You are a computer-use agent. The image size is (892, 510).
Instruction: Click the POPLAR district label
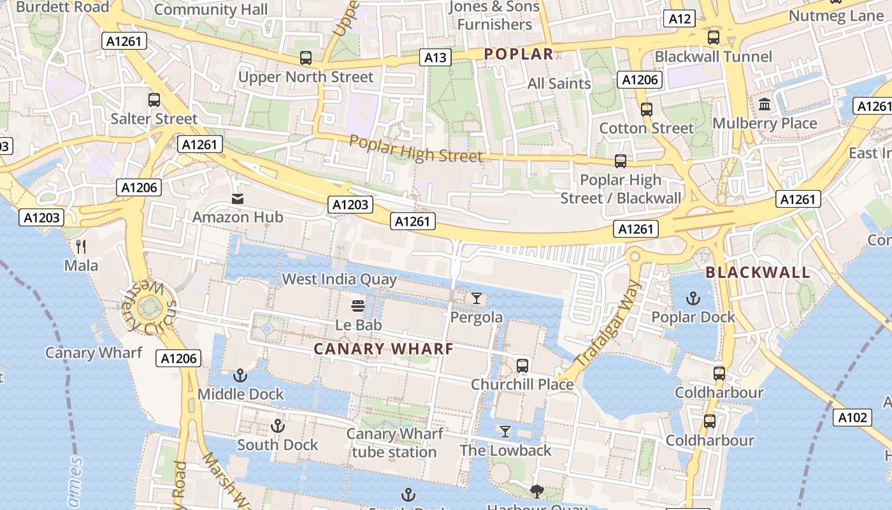tap(518, 54)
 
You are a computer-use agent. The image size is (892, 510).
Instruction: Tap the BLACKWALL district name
tap(758, 273)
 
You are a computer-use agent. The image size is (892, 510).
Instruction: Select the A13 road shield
tap(436, 58)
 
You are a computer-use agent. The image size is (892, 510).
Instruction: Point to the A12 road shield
tap(679, 18)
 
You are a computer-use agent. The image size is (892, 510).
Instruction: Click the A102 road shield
tap(852, 418)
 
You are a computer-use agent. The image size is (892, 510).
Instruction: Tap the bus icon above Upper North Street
tap(306, 58)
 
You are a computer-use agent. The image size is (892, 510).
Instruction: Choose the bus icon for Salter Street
tap(154, 100)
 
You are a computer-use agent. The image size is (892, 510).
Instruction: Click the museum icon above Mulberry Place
tap(765, 104)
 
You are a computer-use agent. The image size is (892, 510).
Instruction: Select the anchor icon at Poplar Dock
tap(693, 298)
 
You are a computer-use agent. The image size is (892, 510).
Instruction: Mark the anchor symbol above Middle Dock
tap(240, 375)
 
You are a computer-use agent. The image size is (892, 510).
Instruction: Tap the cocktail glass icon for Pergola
tap(477, 298)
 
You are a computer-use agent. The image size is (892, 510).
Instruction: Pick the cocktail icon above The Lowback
tap(505, 432)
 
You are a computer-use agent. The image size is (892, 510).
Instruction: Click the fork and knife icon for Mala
tap(81, 246)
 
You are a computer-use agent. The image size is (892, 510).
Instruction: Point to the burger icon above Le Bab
tap(359, 306)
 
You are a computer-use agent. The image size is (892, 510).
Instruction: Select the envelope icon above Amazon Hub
tap(238, 199)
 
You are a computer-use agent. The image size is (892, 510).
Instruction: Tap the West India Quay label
tap(339, 279)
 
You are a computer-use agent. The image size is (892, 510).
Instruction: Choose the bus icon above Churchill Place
tap(522, 366)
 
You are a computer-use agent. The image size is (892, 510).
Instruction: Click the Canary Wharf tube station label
tap(394, 443)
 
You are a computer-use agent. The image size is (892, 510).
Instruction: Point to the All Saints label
tap(559, 84)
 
